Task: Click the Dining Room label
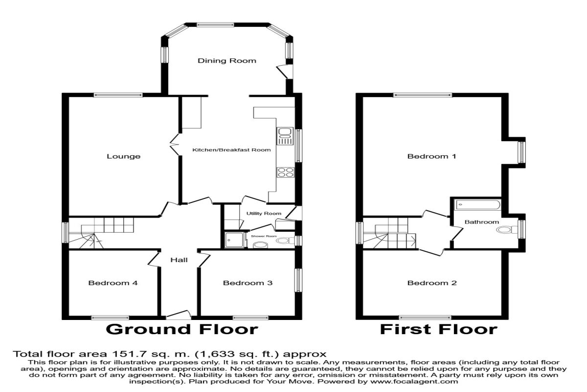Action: (227, 61)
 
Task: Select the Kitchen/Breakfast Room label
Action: (231, 150)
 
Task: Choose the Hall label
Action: (179, 260)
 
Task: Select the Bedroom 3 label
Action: (248, 283)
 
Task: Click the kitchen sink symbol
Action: (284, 136)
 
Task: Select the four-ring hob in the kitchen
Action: (285, 172)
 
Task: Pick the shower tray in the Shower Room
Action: (233, 240)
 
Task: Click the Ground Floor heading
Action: (181, 329)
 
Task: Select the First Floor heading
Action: (438, 329)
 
